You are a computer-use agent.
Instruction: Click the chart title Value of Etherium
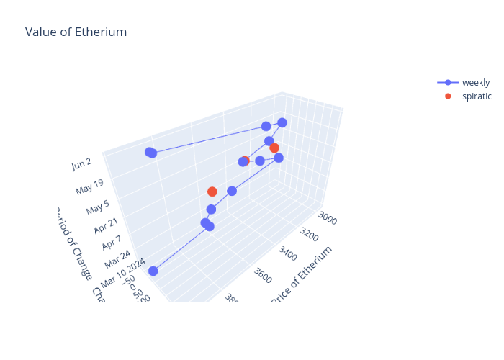tap(76, 32)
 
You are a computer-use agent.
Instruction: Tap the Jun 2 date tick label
tap(82, 166)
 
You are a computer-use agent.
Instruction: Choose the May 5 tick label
tap(99, 209)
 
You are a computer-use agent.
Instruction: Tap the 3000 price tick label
tap(328, 217)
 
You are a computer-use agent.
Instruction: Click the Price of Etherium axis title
tap(302, 274)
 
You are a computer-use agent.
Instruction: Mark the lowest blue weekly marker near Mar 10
tap(153, 271)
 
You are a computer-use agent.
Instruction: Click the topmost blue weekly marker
tap(282, 122)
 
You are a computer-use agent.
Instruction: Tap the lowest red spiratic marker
tap(212, 192)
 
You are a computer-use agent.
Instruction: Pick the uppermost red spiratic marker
tap(274, 148)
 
